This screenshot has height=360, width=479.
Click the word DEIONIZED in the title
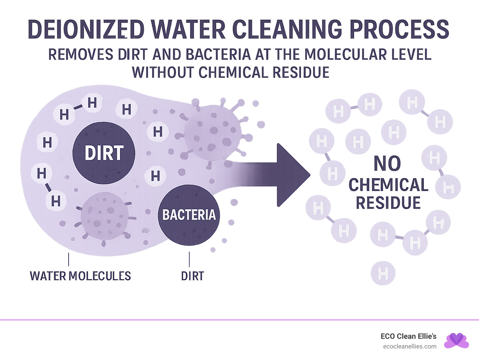pos(86,30)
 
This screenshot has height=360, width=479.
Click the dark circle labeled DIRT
pos(104,153)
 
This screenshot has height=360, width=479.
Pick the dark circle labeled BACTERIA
pos(189,215)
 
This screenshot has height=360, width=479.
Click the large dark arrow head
pos(292,175)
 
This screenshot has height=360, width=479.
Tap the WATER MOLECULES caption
pos(80,276)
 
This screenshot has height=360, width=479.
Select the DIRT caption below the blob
pos(192,276)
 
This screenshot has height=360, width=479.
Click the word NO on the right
pos(387,163)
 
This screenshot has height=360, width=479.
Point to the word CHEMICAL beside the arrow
pos(388,185)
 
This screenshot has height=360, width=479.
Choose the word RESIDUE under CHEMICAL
pos(388,203)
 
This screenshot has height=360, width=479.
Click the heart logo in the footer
pos(457,340)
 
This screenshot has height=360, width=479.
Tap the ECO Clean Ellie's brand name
pos(409,336)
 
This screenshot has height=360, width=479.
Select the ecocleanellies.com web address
pos(410,346)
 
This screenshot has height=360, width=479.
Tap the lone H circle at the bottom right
pos(383,273)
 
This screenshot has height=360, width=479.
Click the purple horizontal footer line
pos(239,320)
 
